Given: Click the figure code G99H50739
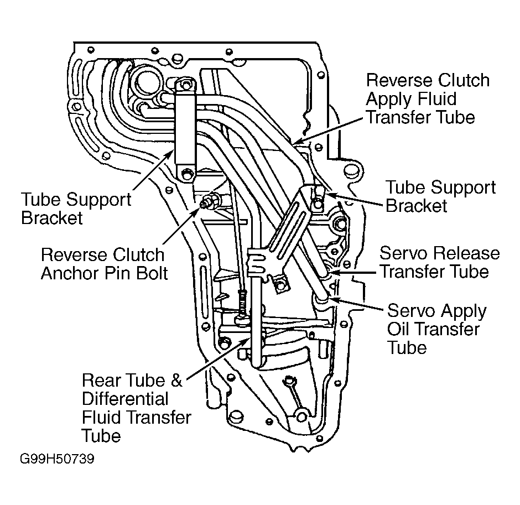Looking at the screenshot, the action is click(x=57, y=459).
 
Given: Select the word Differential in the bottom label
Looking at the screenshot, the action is click(x=125, y=399).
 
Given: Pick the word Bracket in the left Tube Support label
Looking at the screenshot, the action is click(x=52, y=218).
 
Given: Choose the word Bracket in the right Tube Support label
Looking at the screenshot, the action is click(x=417, y=205).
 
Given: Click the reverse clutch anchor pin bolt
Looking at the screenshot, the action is click(x=209, y=201).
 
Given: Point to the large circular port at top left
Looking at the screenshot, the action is click(x=146, y=83).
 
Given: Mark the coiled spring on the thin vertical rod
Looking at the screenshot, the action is click(x=242, y=303).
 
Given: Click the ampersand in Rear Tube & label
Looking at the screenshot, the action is click(x=176, y=381).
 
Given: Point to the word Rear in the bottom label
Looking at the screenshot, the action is click(x=101, y=381).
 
